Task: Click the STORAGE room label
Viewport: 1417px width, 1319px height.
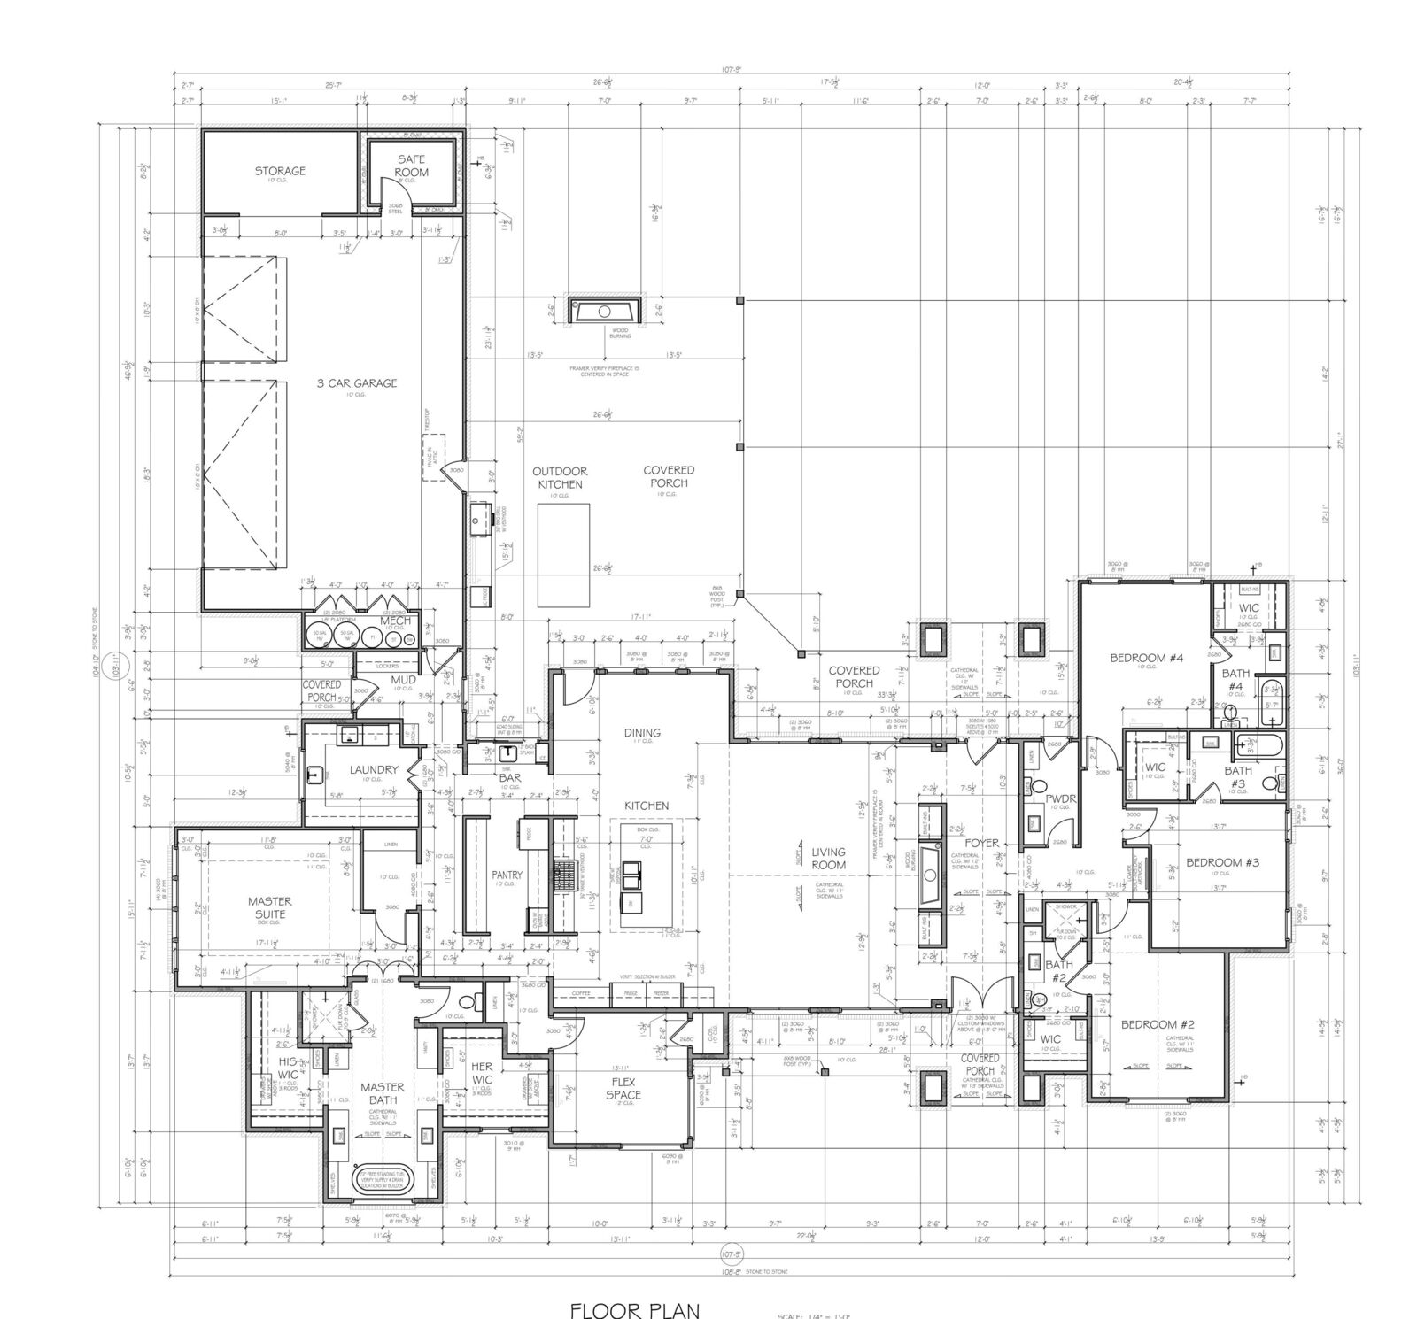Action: (280, 171)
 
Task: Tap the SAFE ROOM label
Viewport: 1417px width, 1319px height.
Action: (412, 166)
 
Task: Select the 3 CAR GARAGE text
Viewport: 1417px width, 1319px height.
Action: (357, 383)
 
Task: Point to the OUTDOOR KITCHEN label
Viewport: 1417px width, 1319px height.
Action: (559, 478)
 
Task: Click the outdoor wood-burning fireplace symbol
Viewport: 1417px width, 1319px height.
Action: (604, 312)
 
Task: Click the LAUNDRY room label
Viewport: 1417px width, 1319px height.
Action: (373, 770)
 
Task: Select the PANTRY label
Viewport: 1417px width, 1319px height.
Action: (507, 875)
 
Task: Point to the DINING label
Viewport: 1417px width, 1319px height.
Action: (642, 732)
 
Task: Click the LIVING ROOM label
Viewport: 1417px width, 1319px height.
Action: (829, 858)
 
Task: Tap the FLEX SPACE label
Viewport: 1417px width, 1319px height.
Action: (623, 1088)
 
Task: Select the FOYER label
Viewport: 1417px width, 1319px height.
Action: (981, 843)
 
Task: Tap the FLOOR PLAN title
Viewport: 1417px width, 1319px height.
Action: (635, 1309)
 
